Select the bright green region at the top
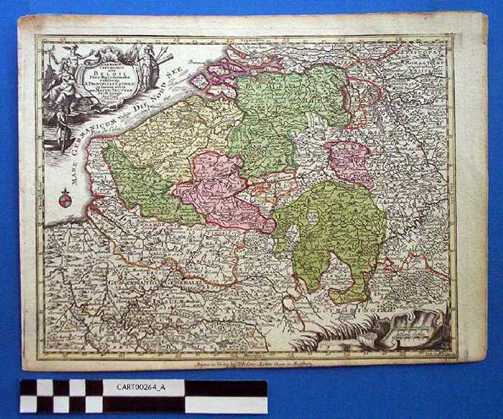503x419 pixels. click(x=287, y=108)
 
